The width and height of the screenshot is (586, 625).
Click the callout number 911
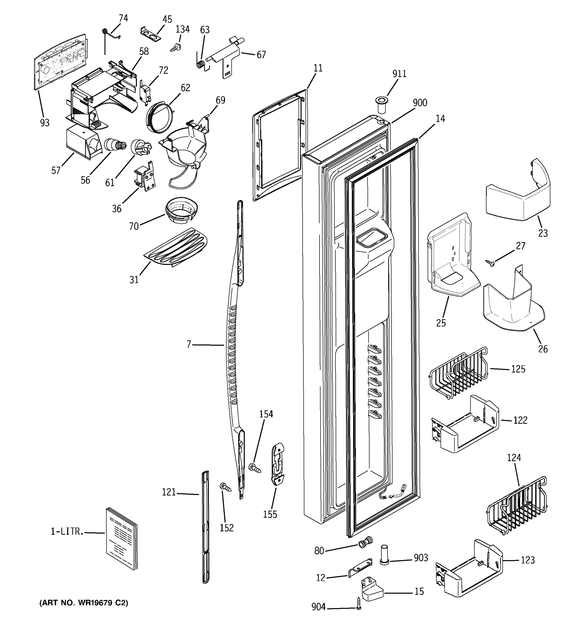pos(399,74)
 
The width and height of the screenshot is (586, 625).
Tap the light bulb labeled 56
pos(115,146)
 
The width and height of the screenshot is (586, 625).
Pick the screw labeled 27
pos(490,263)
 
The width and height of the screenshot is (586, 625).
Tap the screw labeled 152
pos(225,488)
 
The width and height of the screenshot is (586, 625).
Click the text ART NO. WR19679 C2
pos(84,603)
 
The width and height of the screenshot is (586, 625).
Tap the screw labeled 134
pos(175,48)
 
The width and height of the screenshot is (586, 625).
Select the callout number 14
pos(440,119)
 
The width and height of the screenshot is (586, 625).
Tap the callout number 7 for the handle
pos(189,345)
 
